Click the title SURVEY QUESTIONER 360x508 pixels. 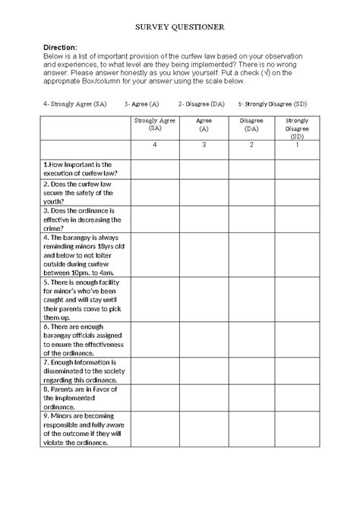pos(180,27)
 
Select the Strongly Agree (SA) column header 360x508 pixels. pos(154,125)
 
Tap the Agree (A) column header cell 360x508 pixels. pos(204,125)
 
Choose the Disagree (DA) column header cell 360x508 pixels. pos(251,125)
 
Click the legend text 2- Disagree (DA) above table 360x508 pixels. pos(201,104)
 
